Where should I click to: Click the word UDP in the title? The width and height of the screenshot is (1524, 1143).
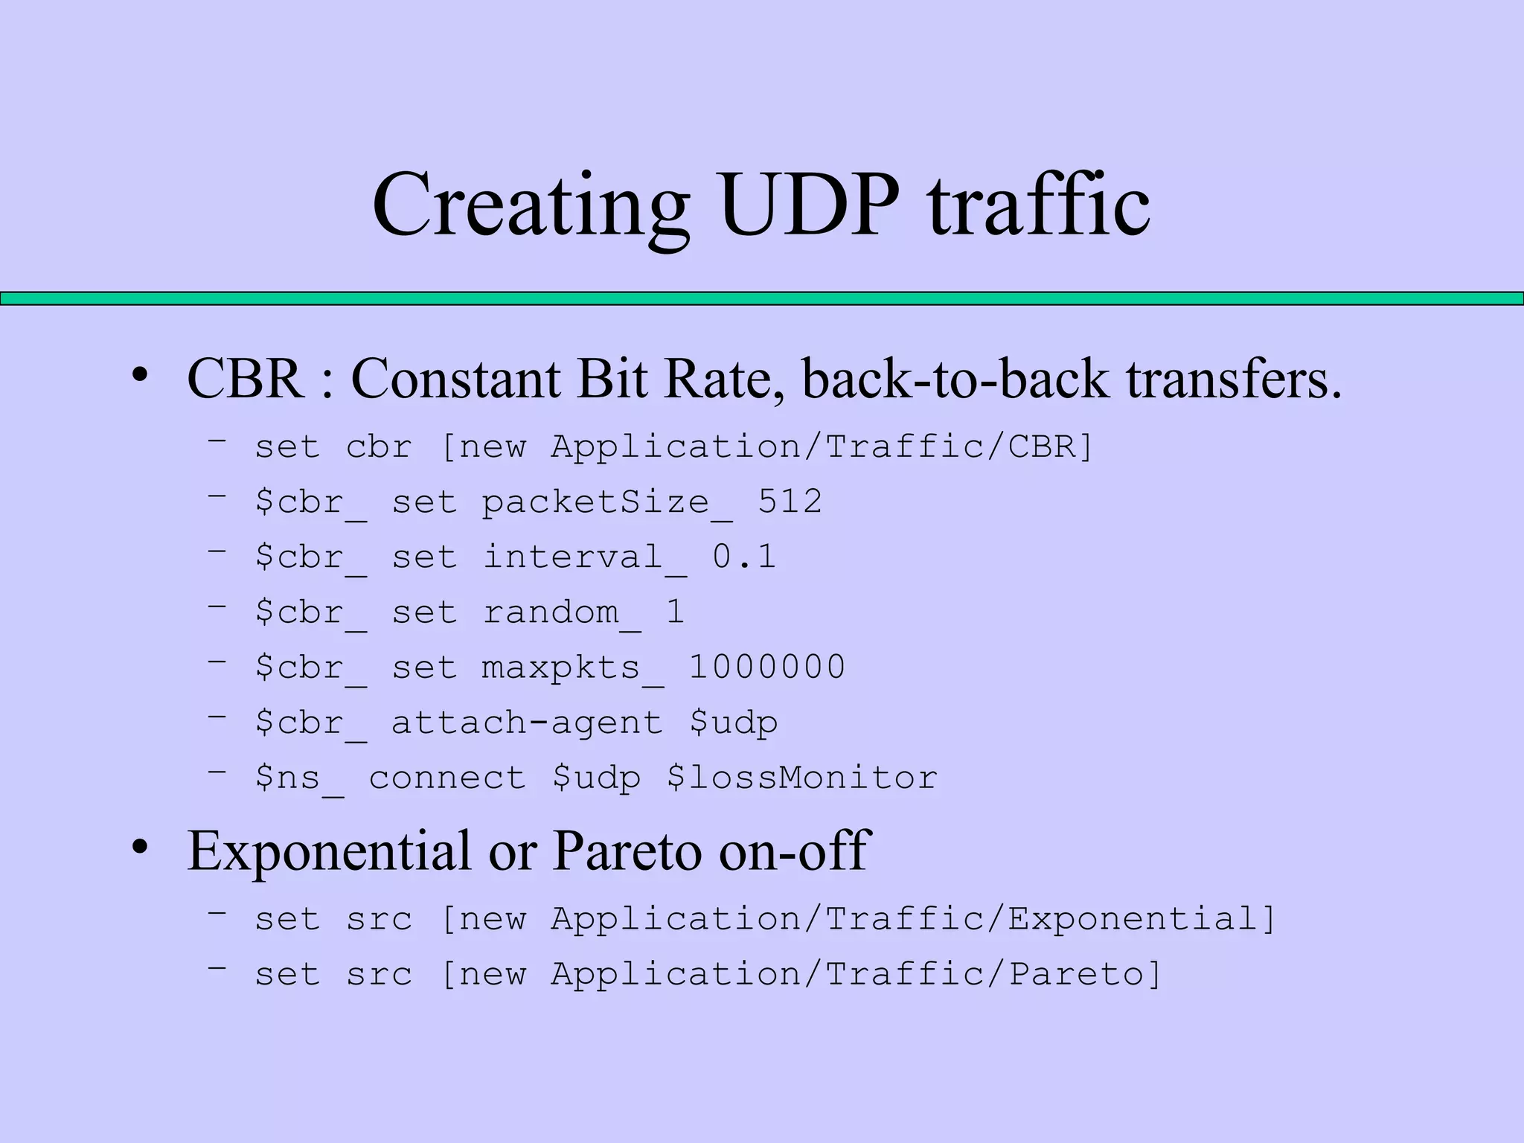[810, 205]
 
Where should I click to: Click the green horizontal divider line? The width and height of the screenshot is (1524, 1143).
[762, 298]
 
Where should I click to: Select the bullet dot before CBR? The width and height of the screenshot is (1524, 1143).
[140, 377]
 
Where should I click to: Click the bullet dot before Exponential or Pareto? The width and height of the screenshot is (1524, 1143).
[140, 848]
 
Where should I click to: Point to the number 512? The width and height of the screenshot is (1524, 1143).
[790, 501]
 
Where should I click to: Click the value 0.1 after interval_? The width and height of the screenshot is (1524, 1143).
[744, 557]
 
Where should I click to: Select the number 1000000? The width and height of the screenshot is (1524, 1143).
[767, 667]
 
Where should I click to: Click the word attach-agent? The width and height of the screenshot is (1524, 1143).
[528, 723]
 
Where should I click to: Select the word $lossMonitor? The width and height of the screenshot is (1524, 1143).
[802, 778]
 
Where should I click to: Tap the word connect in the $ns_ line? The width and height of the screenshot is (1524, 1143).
[447, 778]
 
